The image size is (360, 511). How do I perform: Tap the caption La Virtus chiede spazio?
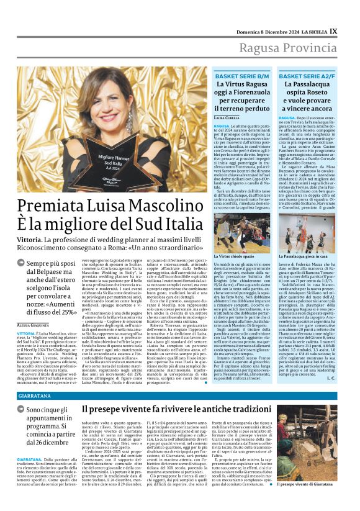coord(235,255)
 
